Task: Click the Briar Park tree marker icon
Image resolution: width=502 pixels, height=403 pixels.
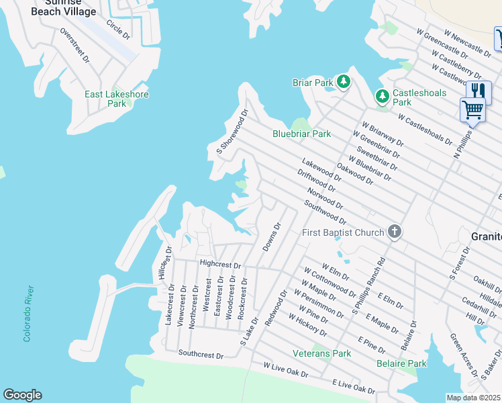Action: click(x=344, y=82)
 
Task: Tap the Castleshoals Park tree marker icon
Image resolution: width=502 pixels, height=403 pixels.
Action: click(x=382, y=97)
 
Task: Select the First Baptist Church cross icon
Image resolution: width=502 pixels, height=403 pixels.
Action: click(x=395, y=232)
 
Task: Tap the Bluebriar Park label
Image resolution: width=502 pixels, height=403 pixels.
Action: click(x=301, y=134)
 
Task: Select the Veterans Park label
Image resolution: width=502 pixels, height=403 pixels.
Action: click(x=321, y=353)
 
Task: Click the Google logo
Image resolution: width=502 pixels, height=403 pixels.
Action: click(x=22, y=395)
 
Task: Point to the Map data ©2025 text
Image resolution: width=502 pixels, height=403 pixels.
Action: click(x=474, y=397)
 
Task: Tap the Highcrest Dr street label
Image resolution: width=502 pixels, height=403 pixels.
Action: click(x=219, y=265)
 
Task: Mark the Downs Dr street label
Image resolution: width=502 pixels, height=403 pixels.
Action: click(x=270, y=238)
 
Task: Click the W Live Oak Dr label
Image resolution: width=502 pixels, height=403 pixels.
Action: click(x=286, y=369)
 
